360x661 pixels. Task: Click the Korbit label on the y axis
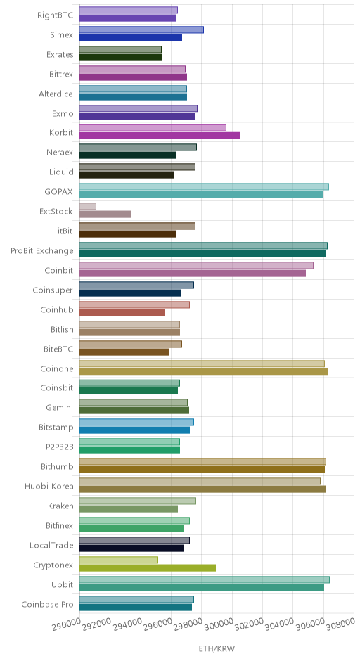(x=61, y=132)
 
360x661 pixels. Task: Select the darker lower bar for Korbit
(x=160, y=135)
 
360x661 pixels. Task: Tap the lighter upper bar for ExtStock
(x=88, y=206)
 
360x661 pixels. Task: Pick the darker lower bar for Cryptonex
(x=148, y=568)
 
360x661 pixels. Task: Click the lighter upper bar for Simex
(x=141, y=30)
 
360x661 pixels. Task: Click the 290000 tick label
(x=66, y=624)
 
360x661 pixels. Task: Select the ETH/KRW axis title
(x=217, y=648)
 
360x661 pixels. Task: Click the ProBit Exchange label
(x=42, y=251)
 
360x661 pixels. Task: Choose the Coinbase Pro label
(x=47, y=605)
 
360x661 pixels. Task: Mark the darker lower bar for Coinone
(x=204, y=371)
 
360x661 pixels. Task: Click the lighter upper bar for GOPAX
(x=204, y=187)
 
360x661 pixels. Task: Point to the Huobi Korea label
(x=49, y=487)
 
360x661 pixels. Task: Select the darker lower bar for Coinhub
(x=122, y=312)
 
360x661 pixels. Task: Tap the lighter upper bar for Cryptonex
(x=119, y=560)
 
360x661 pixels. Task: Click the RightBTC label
(x=56, y=15)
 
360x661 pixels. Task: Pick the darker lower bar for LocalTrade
(x=131, y=548)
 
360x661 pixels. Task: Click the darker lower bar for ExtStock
(x=105, y=214)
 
